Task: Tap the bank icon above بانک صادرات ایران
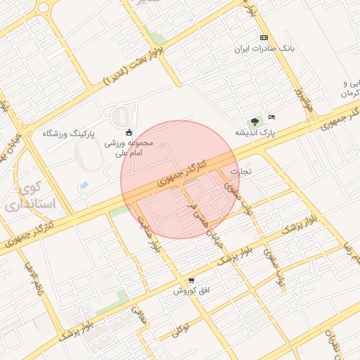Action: click(264, 37)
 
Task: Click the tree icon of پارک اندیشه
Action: click(255, 121)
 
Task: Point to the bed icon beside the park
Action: click(272, 117)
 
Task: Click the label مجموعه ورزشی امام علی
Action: click(124, 147)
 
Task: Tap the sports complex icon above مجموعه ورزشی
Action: click(129, 131)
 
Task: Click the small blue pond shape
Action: click(84, 185)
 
